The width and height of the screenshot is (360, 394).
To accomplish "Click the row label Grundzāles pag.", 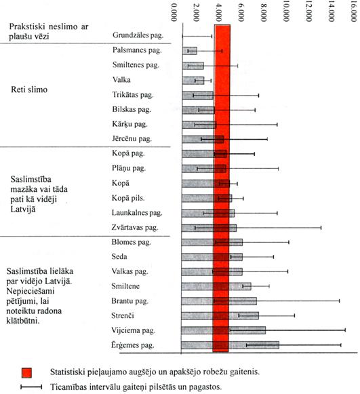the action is [x=138, y=35].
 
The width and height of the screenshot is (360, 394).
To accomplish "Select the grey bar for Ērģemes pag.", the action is [x=230, y=344].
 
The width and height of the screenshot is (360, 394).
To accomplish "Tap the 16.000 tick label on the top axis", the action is [x=353, y=12].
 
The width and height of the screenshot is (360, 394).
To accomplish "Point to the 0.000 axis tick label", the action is [x=174, y=12].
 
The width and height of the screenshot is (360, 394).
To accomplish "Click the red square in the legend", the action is [x=26, y=373].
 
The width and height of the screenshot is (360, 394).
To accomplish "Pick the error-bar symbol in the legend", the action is [x=31, y=387].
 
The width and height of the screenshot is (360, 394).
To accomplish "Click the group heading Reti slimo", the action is [x=29, y=90].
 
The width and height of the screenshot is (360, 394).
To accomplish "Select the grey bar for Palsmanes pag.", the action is [x=190, y=51].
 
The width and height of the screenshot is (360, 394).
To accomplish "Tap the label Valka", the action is [x=121, y=79].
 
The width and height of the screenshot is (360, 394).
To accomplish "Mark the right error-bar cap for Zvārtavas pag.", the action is [x=321, y=228].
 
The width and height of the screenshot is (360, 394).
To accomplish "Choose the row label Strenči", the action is [x=123, y=315].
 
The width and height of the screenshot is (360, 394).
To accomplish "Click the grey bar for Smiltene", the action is [x=216, y=286].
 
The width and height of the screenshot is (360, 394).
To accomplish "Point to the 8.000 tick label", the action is [x=264, y=12].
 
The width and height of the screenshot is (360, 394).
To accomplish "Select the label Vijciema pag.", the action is [x=133, y=330].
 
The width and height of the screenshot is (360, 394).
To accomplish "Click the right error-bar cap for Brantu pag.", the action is [x=340, y=301].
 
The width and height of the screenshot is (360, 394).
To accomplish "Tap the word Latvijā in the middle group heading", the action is [x=23, y=209].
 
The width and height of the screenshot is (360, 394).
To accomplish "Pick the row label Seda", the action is [x=119, y=256].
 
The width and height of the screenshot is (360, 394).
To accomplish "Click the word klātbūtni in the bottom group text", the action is [x=23, y=321].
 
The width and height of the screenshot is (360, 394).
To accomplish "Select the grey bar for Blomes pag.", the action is [x=212, y=242].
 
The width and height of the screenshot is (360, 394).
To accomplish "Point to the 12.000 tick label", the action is [x=308, y=12].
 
